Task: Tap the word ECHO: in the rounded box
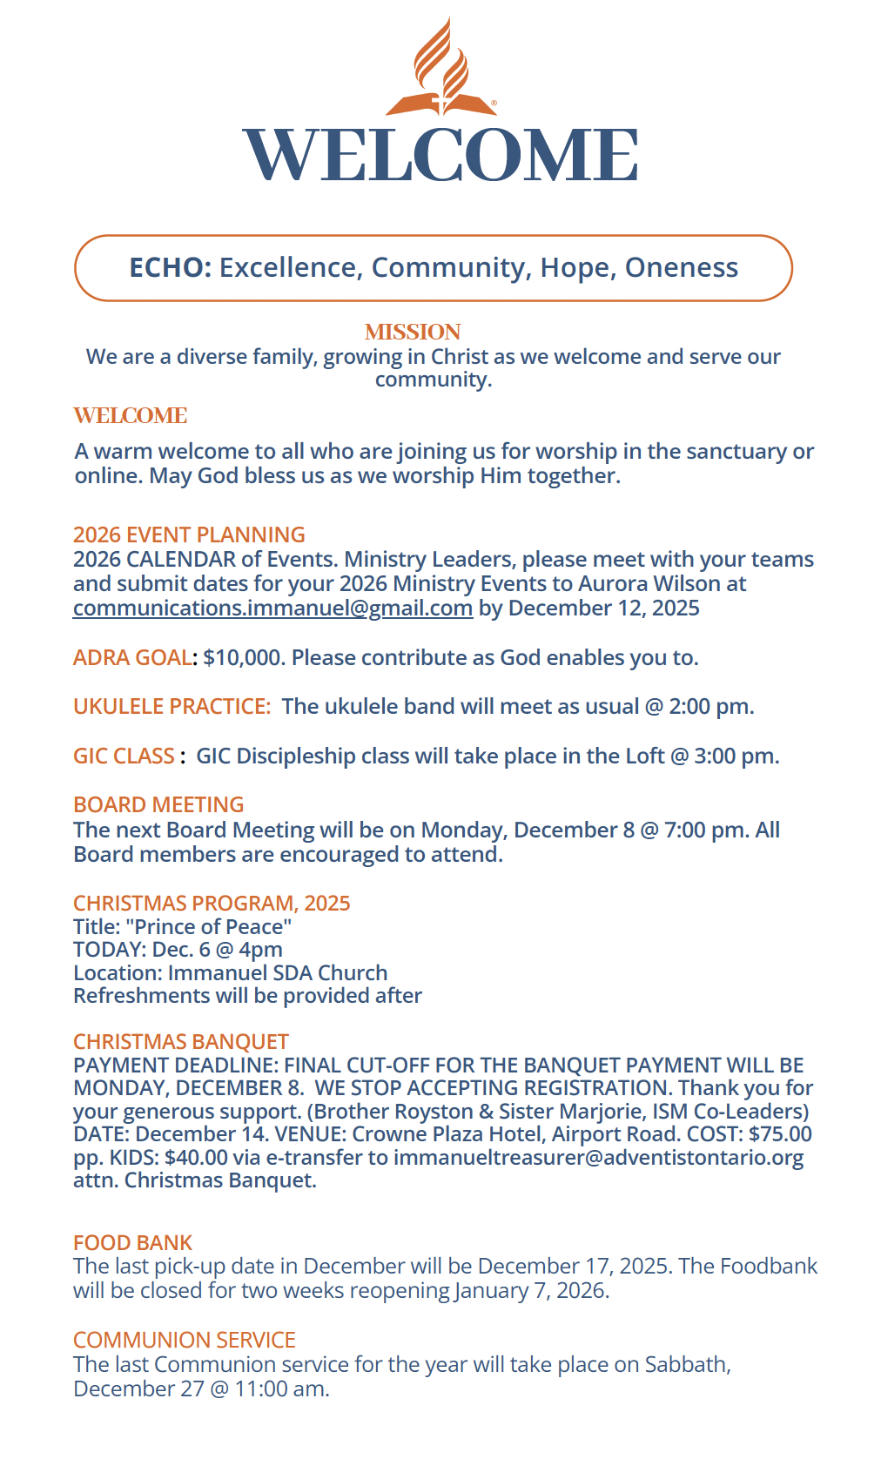pos(171,268)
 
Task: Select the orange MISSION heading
pos(413,333)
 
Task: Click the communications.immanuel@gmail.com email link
pos(272,608)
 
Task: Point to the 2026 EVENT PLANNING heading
pos(189,535)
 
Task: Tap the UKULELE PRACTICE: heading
pos(171,707)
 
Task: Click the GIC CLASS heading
pos(124,756)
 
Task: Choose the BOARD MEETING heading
pos(158,805)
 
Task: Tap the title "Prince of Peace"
pos(209,927)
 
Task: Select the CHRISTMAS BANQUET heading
pos(181,1042)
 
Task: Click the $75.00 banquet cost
pos(780,1134)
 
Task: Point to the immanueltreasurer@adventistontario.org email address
pos(598,1158)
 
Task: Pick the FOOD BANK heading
pos(132,1243)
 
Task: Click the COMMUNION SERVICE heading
pos(185,1341)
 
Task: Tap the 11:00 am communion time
pos(281,1389)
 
